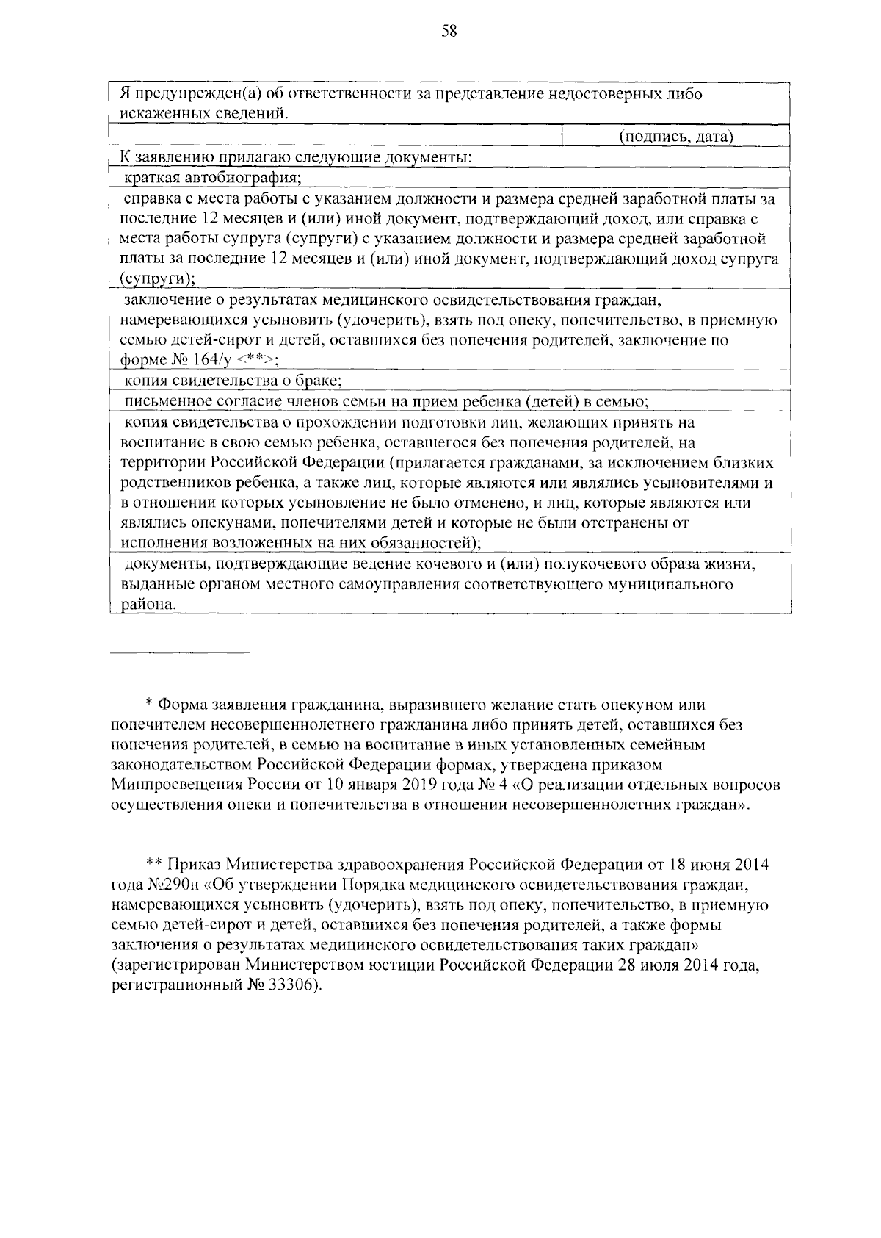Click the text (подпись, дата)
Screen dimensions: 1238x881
click(x=676, y=136)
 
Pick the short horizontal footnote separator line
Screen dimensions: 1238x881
click(x=180, y=652)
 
